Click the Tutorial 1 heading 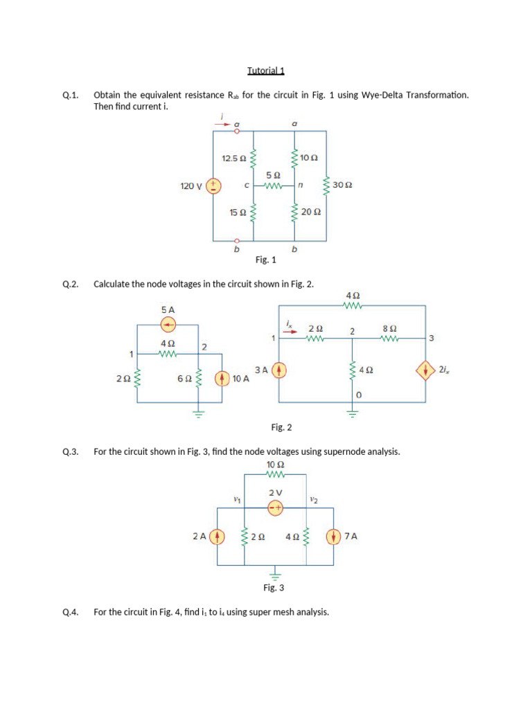coord(266,71)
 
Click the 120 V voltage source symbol coord(215,186)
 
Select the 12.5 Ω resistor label coord(233,158)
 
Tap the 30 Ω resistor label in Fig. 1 coord(342,186)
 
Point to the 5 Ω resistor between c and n coord(273,186)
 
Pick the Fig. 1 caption coord(265,260)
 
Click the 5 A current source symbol coord(168,325)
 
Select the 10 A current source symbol coord(222,379)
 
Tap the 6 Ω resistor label coord(184,379)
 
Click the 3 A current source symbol coord(278,370)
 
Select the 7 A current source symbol coord(335,537)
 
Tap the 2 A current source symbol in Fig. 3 coord(218,537)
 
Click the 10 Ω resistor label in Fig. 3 coord(275,465)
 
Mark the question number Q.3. coord(71,451)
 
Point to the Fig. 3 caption coord(274,587)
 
